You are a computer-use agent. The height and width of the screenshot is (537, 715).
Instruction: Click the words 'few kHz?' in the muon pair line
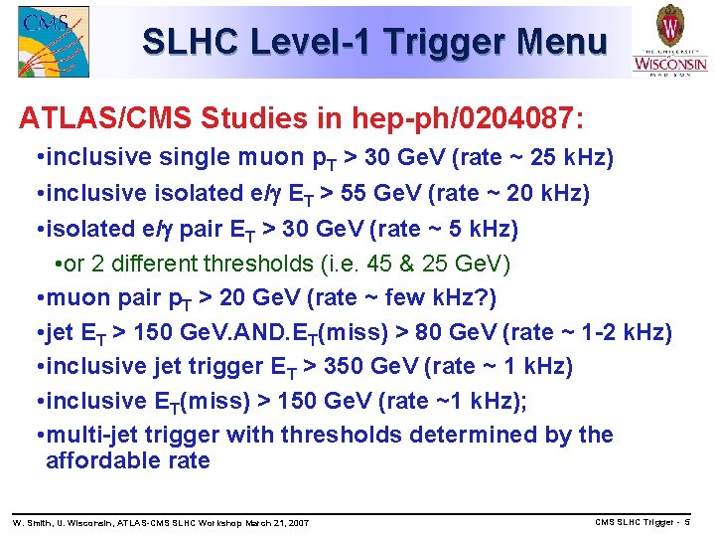tap(444, 298)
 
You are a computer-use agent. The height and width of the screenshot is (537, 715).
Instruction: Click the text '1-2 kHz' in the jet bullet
tap(625, 332)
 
